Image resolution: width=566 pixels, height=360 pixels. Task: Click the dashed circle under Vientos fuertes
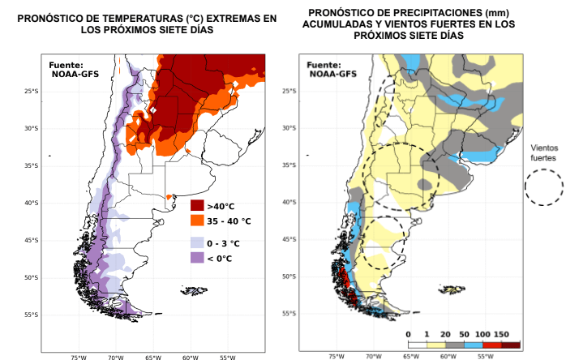point(543,188)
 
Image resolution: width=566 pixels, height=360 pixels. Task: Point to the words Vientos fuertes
point(543,153)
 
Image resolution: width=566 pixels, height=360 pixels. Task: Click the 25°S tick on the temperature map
point(32,91)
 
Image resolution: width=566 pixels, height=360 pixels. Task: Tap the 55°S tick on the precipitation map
point(285,313)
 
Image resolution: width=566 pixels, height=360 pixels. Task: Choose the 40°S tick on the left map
point(32,203)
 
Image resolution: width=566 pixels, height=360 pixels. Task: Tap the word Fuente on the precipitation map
point(324,65)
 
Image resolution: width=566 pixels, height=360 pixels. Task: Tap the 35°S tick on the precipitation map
point(285,165)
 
